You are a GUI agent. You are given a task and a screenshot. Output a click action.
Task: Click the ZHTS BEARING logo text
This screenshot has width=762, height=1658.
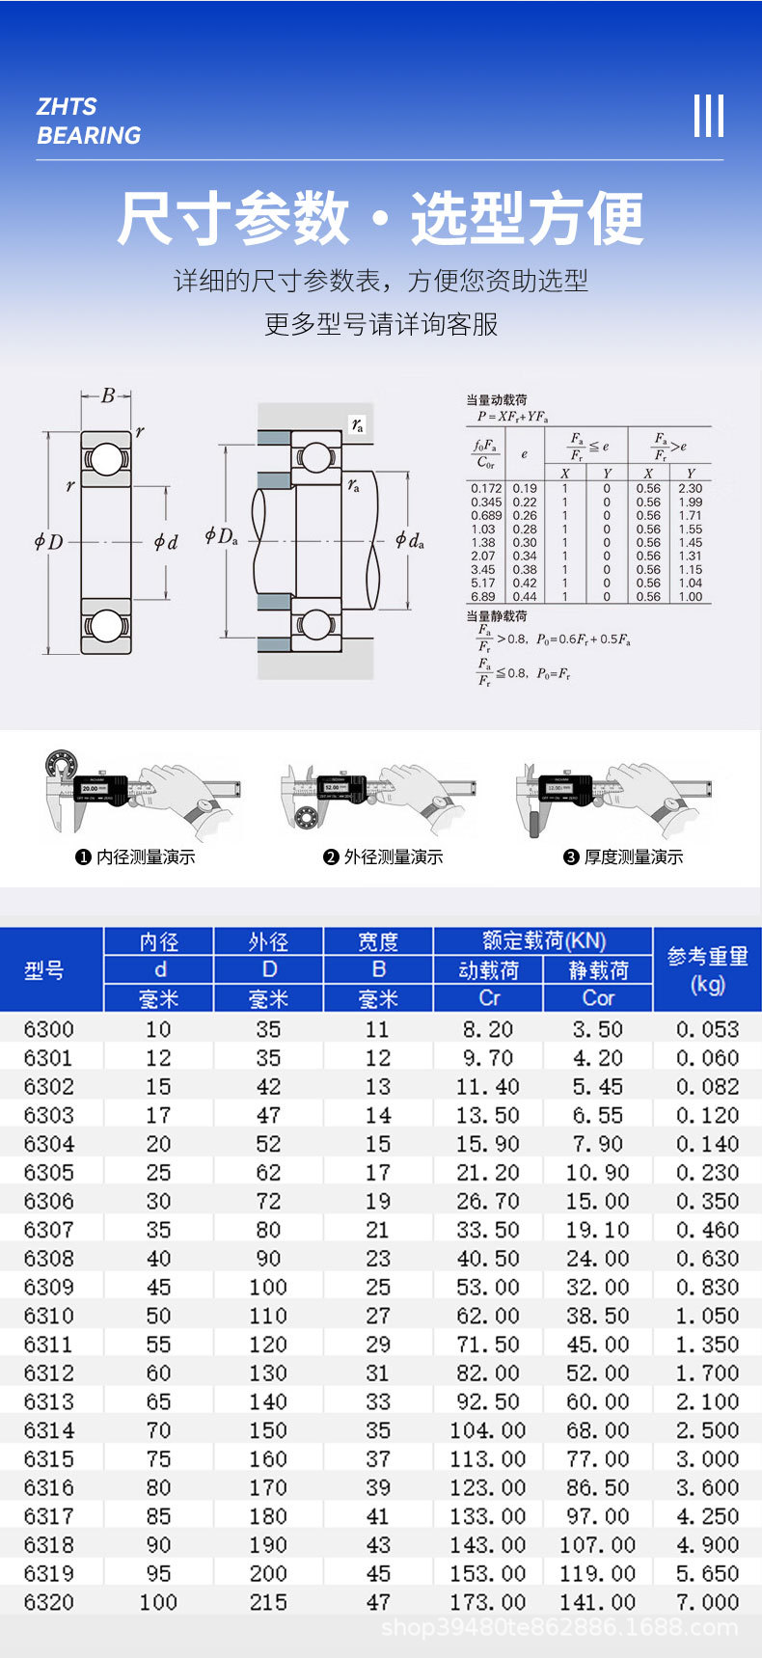[x=89, y=122]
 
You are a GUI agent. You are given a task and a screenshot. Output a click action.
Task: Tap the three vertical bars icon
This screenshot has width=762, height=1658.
[x=708, y=117]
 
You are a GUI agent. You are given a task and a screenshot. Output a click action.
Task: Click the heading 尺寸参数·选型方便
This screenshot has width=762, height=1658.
[x=380, y=218]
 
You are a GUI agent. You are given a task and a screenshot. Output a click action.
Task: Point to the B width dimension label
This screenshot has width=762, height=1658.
[x=108, y=395]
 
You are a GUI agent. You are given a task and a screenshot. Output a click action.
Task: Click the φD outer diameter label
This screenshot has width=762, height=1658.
[x=48, y=542]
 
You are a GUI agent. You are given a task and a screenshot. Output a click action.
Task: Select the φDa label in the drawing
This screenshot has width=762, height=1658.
[x=221, y=536]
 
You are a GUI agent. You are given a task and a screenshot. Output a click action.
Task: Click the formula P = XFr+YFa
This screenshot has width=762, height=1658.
[x=512, y=417]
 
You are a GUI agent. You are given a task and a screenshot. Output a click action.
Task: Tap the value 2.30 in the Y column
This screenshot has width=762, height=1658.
[x=690, y=489]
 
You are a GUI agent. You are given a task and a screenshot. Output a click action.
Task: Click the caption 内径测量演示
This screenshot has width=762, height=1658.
[x=146, y=857]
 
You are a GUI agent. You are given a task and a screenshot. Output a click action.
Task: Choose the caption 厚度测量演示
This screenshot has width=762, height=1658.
[x=633, y=857]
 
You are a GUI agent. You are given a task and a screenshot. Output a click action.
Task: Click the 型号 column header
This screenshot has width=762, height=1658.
[x=44, y=970]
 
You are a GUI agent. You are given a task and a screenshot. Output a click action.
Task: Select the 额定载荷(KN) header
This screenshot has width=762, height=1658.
[x=544, y=941]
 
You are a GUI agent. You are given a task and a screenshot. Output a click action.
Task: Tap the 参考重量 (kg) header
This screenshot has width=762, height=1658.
[x=707, y=969]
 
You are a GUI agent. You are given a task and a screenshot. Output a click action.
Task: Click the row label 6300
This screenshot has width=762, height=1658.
[x=48, y=1029]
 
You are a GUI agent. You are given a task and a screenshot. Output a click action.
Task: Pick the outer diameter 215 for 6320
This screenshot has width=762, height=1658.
[x=268, y=1602]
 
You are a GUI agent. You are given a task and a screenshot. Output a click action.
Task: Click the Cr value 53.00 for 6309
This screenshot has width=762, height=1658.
[x=488, y=1288]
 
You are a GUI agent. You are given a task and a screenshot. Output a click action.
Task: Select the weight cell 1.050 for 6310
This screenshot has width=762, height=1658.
[x=707, y=1316]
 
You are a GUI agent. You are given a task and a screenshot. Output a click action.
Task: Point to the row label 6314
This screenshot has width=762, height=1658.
[x=48, y=1430]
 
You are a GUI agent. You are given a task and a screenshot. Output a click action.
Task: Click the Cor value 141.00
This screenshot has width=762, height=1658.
[x=597, y=1602]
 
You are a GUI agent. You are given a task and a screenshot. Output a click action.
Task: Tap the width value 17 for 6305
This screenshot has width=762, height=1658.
[x=378, y=1173]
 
